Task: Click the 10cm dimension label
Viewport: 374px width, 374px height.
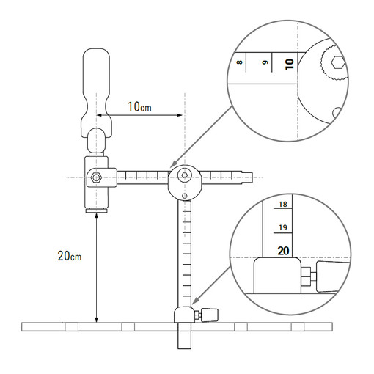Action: tap(139, 107)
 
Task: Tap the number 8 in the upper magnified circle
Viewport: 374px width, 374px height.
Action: tap(240, 65)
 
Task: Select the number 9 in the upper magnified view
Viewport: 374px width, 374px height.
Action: tap(263, 65)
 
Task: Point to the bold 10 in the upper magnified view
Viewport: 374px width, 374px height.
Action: tap(288, 64)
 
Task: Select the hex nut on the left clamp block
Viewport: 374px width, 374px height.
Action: tap(95, 177)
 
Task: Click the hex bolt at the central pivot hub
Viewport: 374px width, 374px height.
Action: tap(185, 176)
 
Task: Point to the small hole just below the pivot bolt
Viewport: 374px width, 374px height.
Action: tap(185, 195)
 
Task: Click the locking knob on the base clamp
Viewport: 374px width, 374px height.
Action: tap(210, 315)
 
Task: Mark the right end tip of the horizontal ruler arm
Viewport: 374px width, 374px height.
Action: tap(257, 176)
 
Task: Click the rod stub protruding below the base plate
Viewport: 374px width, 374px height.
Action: tap(184, 340)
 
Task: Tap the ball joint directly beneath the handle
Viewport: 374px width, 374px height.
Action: tap(97, 136)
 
